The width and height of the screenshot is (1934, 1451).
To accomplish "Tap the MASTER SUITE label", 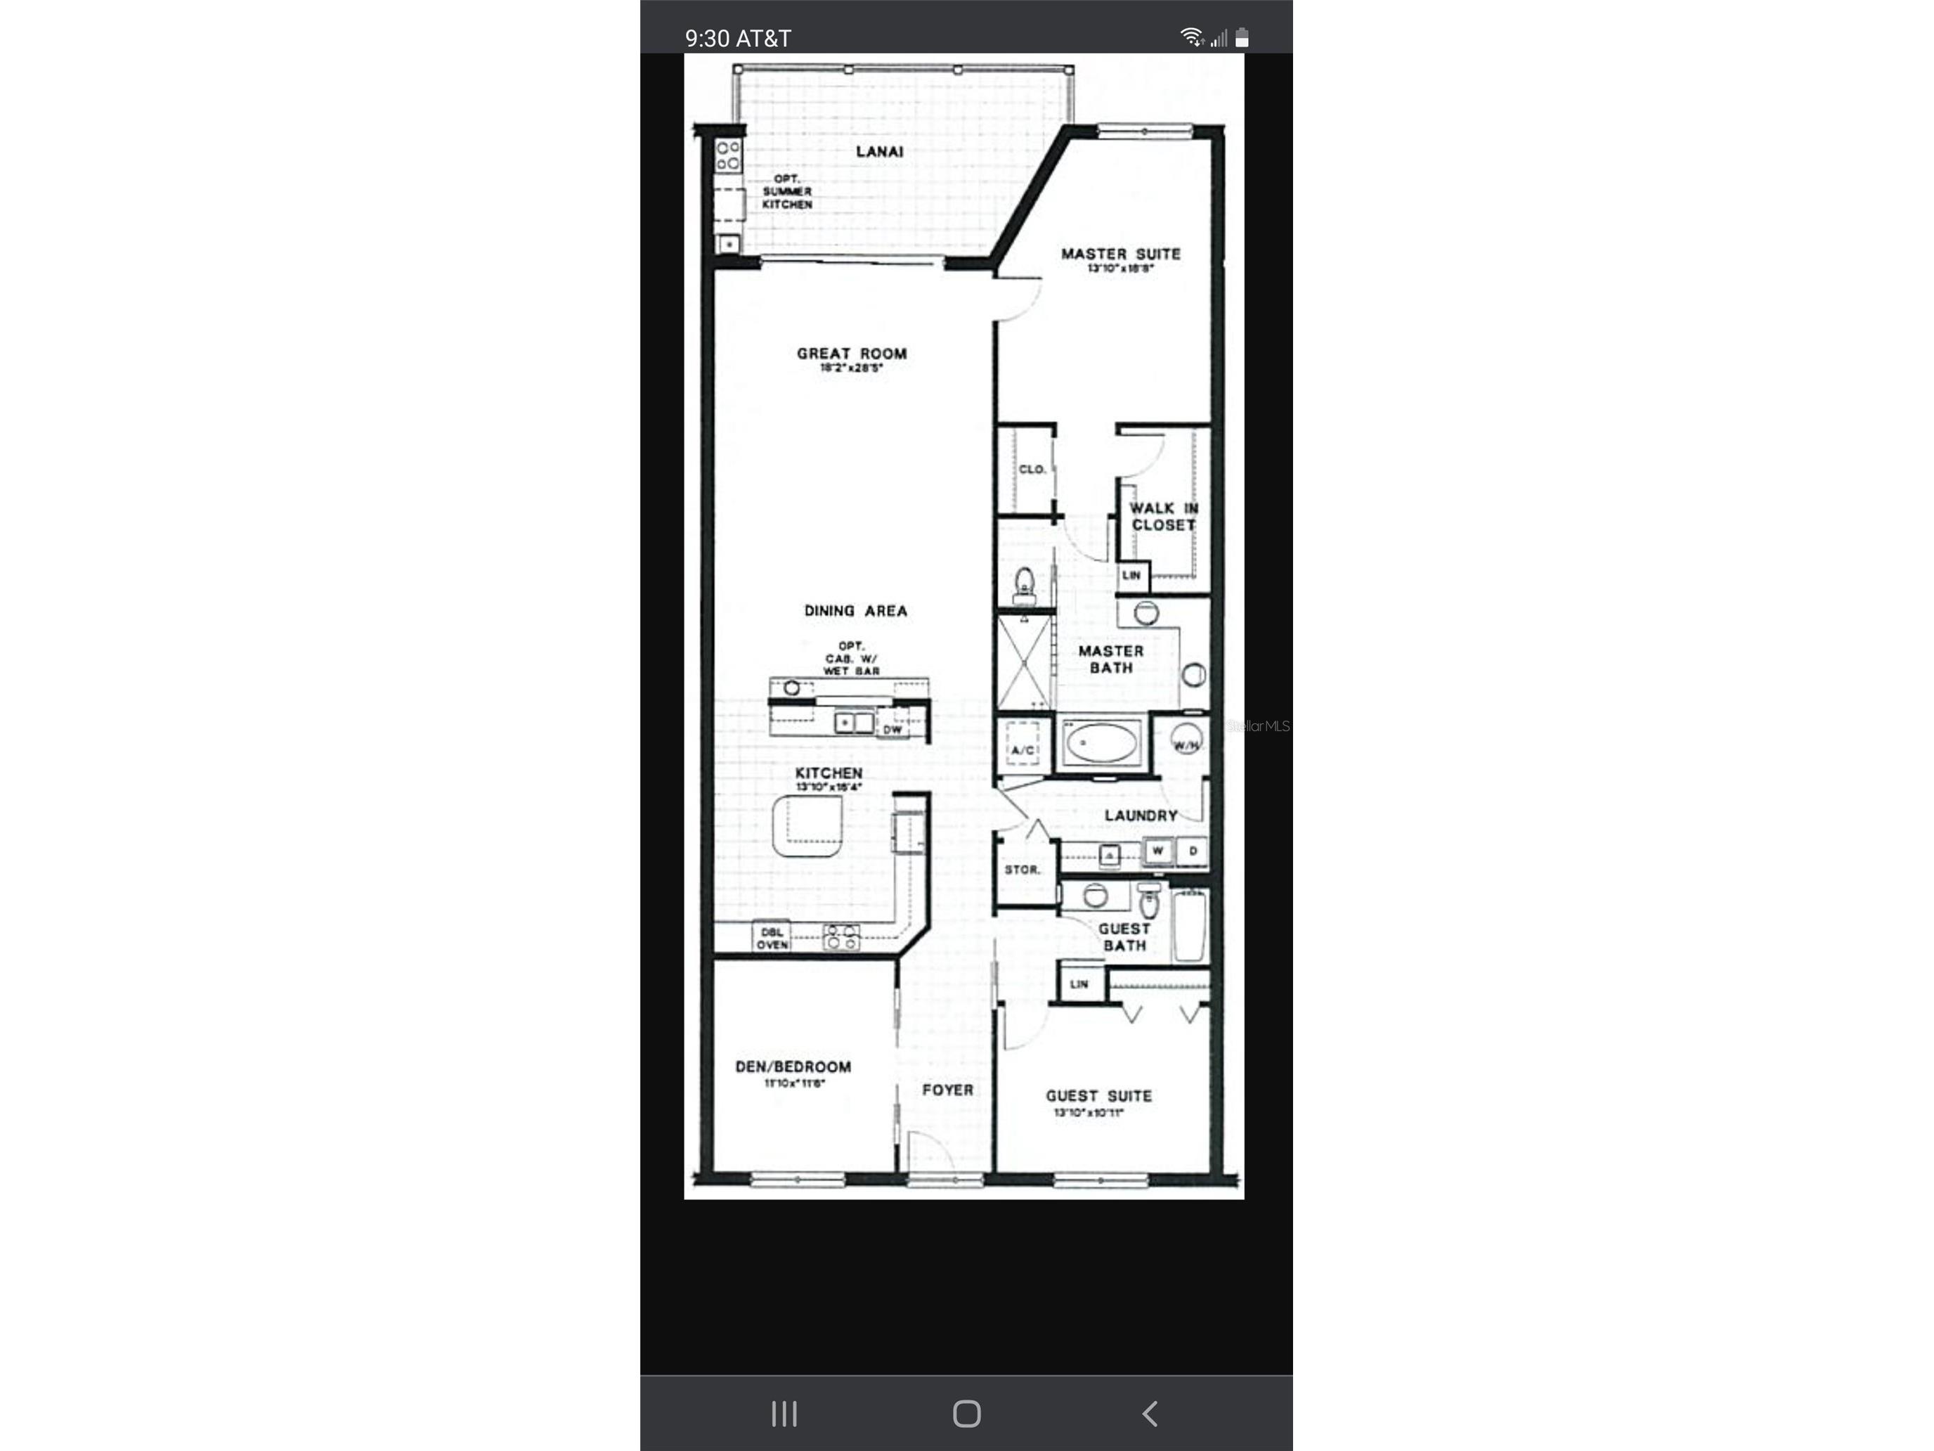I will click(x=1120, y=254).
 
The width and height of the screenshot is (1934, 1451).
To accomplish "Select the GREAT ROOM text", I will click(x=852, y=354).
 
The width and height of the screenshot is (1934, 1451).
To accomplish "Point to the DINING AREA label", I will click(x=855, y=610).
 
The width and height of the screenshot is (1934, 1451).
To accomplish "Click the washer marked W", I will click(x=1157, y=850).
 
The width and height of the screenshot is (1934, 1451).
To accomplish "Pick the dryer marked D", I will click(x=1192, y=850).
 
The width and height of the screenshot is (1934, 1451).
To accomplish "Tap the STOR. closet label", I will click(x=1022, y=870).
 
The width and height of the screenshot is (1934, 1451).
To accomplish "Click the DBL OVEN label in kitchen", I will click(x=772, y=938).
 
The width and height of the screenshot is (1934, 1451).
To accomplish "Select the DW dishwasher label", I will click(x=892, y=730).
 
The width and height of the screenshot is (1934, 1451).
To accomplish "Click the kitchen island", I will click(x=807, y=825).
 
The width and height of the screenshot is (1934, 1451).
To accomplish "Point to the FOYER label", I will click(x=947, y=1090).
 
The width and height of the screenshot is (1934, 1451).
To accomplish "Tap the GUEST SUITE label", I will click(x=1098, y=1096).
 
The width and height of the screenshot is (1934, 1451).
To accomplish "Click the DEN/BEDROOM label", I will click(x=792, y=1067).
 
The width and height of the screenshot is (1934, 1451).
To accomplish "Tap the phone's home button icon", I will click(x=966, y=1414).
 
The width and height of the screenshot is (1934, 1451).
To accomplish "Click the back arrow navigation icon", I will click(x=1150, y=1414).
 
